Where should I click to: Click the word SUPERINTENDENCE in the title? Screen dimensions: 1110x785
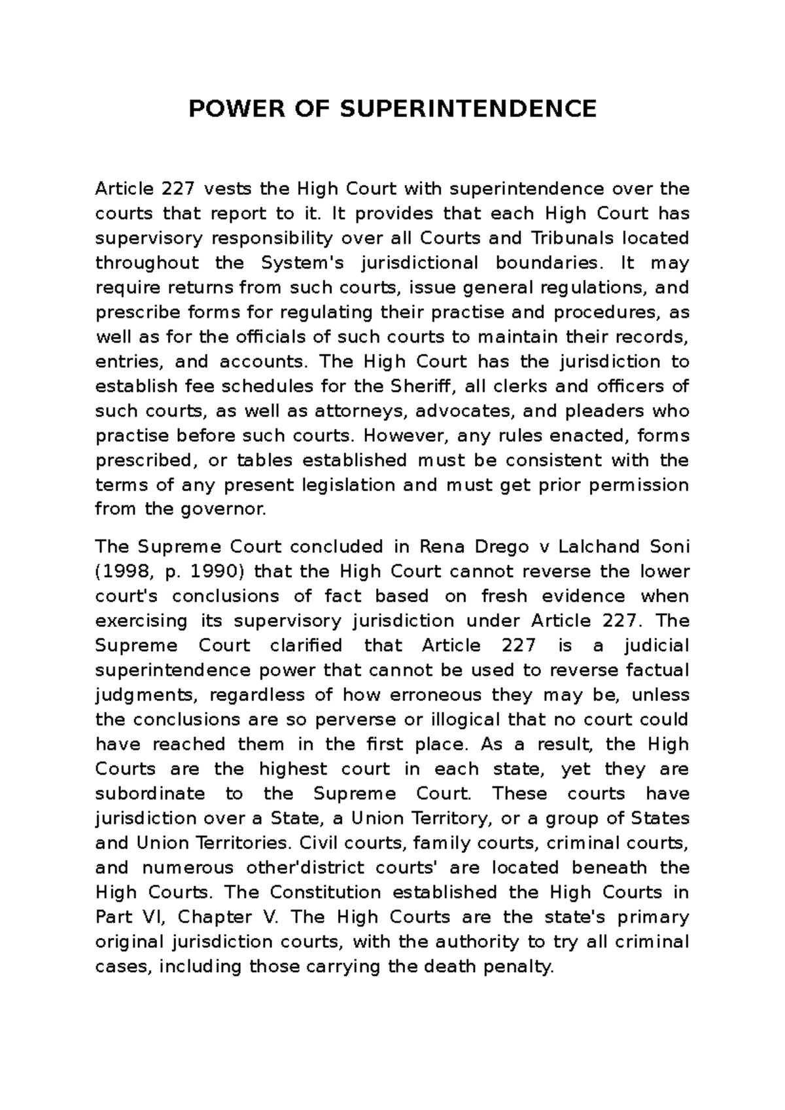467,109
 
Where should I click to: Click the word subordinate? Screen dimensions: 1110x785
150,794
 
